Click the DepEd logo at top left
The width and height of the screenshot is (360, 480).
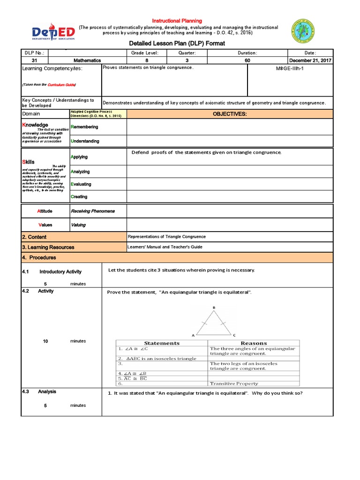(x=53, y=33)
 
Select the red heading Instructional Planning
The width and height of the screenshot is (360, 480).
(x=177, y=21)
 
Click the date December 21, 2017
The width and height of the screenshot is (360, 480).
(x=310, y=60)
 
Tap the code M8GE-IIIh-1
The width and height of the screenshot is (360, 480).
(x=290, y=68)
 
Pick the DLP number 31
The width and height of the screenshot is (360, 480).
(x=34, y=60)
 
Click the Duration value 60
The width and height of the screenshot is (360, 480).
(x=247, y=60)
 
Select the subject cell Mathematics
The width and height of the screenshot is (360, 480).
(x=87, y=60)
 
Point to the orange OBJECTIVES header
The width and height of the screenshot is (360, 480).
(x=230, y=114)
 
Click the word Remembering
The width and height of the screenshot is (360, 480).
(x=84, y=127)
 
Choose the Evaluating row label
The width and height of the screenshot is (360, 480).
(x=81, y=184)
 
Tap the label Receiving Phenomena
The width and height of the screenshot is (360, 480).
(x=92, y=211)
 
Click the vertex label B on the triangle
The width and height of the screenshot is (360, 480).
(x=214, y=307)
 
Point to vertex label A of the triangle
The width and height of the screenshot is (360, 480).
(x=193, y=336)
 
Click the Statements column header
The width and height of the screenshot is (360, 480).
(x=162, y=343)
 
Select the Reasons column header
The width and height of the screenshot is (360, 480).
(x=254, y=343)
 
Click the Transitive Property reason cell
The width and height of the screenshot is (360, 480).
(x=234, y=383)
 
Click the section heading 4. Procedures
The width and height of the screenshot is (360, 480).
(x=39, y=257)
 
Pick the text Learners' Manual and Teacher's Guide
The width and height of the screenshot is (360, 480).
(x=165, y=247)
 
